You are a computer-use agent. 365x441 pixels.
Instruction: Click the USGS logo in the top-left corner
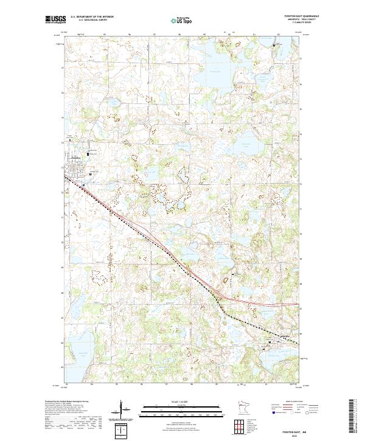pos(55,20)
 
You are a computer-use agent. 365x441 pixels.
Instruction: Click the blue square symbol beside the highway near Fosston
pos(91,175)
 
